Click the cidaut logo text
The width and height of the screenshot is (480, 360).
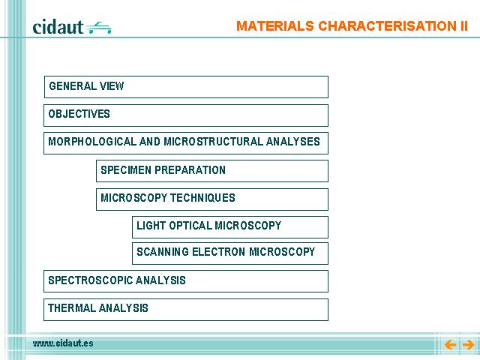(58, 27)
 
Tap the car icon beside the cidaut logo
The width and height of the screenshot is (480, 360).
(98, 28)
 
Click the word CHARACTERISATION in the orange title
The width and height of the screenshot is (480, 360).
(387, 26)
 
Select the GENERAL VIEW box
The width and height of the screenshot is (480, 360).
(186, 87)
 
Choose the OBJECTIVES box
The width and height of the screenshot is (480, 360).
(186, 115)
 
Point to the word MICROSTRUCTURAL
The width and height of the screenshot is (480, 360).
(213, 142)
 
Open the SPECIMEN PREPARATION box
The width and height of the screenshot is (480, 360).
(212, 171)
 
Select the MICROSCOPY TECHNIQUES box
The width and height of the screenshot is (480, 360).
(212, 199)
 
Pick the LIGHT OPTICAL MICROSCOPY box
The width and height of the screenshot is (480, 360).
(230, 227)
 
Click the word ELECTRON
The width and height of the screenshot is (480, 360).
(219, 252)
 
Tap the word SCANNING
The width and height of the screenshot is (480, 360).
(163, 252)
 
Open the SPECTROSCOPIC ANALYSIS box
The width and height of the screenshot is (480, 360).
(186, 281)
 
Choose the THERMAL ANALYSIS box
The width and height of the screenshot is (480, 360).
(186, 310)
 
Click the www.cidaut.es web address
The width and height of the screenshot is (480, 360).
(63, 343)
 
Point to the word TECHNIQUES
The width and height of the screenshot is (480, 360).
(202, 198)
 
